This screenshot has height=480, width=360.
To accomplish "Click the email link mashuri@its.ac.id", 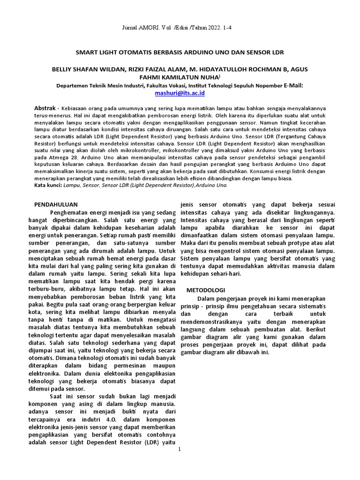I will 180,93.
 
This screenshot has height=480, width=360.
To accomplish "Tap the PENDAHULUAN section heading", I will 57,204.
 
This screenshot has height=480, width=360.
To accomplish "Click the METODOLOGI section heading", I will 206,290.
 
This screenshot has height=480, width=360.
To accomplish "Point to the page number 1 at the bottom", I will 180,449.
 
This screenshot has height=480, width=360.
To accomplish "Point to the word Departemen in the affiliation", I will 72,86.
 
